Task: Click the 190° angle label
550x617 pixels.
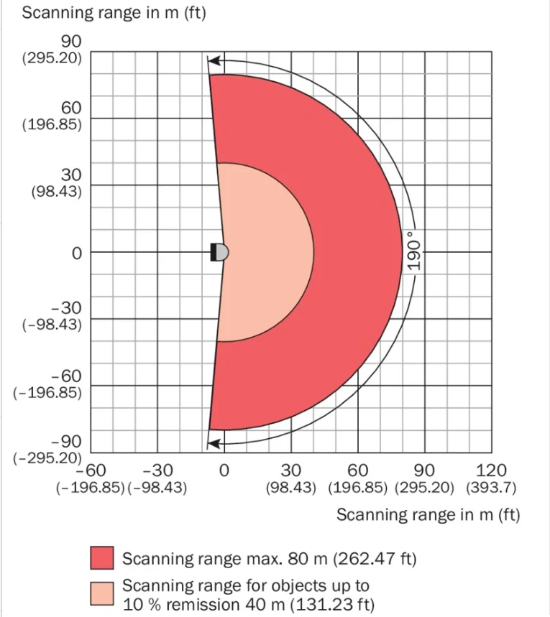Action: click(x=412, y=251)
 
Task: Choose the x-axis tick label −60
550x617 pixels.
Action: click(x=91, y=470)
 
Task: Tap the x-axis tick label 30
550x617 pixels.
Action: click(x=290, y=470)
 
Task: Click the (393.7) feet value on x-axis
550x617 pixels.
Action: click(x=490, y=488)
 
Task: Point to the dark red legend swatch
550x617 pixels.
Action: click(x=101, y=558)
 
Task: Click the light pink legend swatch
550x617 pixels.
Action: click(x=101, y=594)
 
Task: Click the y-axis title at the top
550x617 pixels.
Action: click(x=114, y=14)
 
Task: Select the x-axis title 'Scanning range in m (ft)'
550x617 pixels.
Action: click(x=428, y=514)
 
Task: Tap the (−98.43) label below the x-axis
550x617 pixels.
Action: click(x=157, y=488)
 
